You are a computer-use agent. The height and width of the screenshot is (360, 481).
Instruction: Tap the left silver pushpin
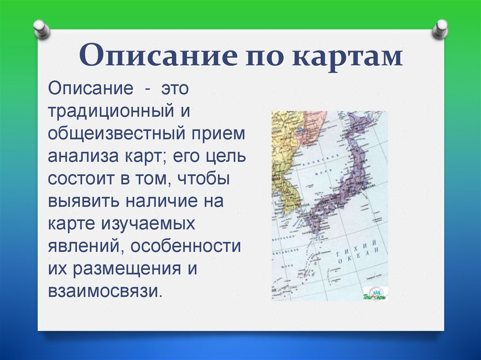click(x=42, y=29)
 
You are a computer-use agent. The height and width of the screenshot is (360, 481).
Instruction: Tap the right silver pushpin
click(x=440, y=29)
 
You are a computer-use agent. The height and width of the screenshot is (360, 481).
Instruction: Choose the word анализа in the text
click(x=78, y=156)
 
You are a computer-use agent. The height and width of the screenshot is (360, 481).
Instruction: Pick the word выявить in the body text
click(x=82, y=201)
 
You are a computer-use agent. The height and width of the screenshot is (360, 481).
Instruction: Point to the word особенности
click(x=186, y=246)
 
